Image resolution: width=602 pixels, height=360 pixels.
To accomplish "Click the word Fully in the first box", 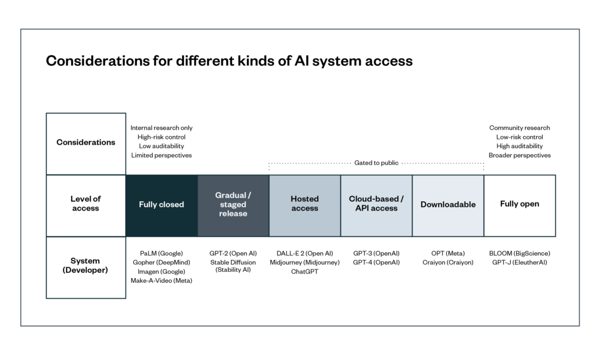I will coord(148,205).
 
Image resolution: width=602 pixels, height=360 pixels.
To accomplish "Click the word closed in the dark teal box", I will coord(171,205).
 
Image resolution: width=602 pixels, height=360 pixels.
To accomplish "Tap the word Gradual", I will coord(230,195).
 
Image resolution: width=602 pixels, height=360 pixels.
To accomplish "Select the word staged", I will coord(233,205).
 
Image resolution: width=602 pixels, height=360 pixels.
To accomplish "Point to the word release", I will coord(233,214).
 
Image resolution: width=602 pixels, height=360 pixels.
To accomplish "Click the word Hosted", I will coord(305,199).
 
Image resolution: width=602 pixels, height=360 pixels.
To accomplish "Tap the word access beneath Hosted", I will coord(305,208).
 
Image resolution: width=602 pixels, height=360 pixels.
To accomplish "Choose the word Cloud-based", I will coord(373,199).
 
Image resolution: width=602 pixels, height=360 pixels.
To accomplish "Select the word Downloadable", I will coord(448,205).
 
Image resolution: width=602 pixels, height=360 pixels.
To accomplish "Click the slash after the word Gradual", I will coord(249,195).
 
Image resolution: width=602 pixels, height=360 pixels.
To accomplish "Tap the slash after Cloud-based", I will coord(402,199).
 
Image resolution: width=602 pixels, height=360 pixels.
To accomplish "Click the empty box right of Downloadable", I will coord(520,205).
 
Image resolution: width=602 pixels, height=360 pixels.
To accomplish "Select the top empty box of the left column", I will coord(86,144).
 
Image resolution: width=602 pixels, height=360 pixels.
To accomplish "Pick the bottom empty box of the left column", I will coord(86,267).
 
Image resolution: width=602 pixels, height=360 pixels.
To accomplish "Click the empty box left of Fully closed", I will coord(86,205).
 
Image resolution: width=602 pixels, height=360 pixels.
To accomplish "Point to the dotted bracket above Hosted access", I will coord(309,164).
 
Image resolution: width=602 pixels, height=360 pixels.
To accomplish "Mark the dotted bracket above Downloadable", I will coord(443,164).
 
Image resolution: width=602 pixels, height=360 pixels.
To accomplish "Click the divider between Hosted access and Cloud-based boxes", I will coord(341,205).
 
